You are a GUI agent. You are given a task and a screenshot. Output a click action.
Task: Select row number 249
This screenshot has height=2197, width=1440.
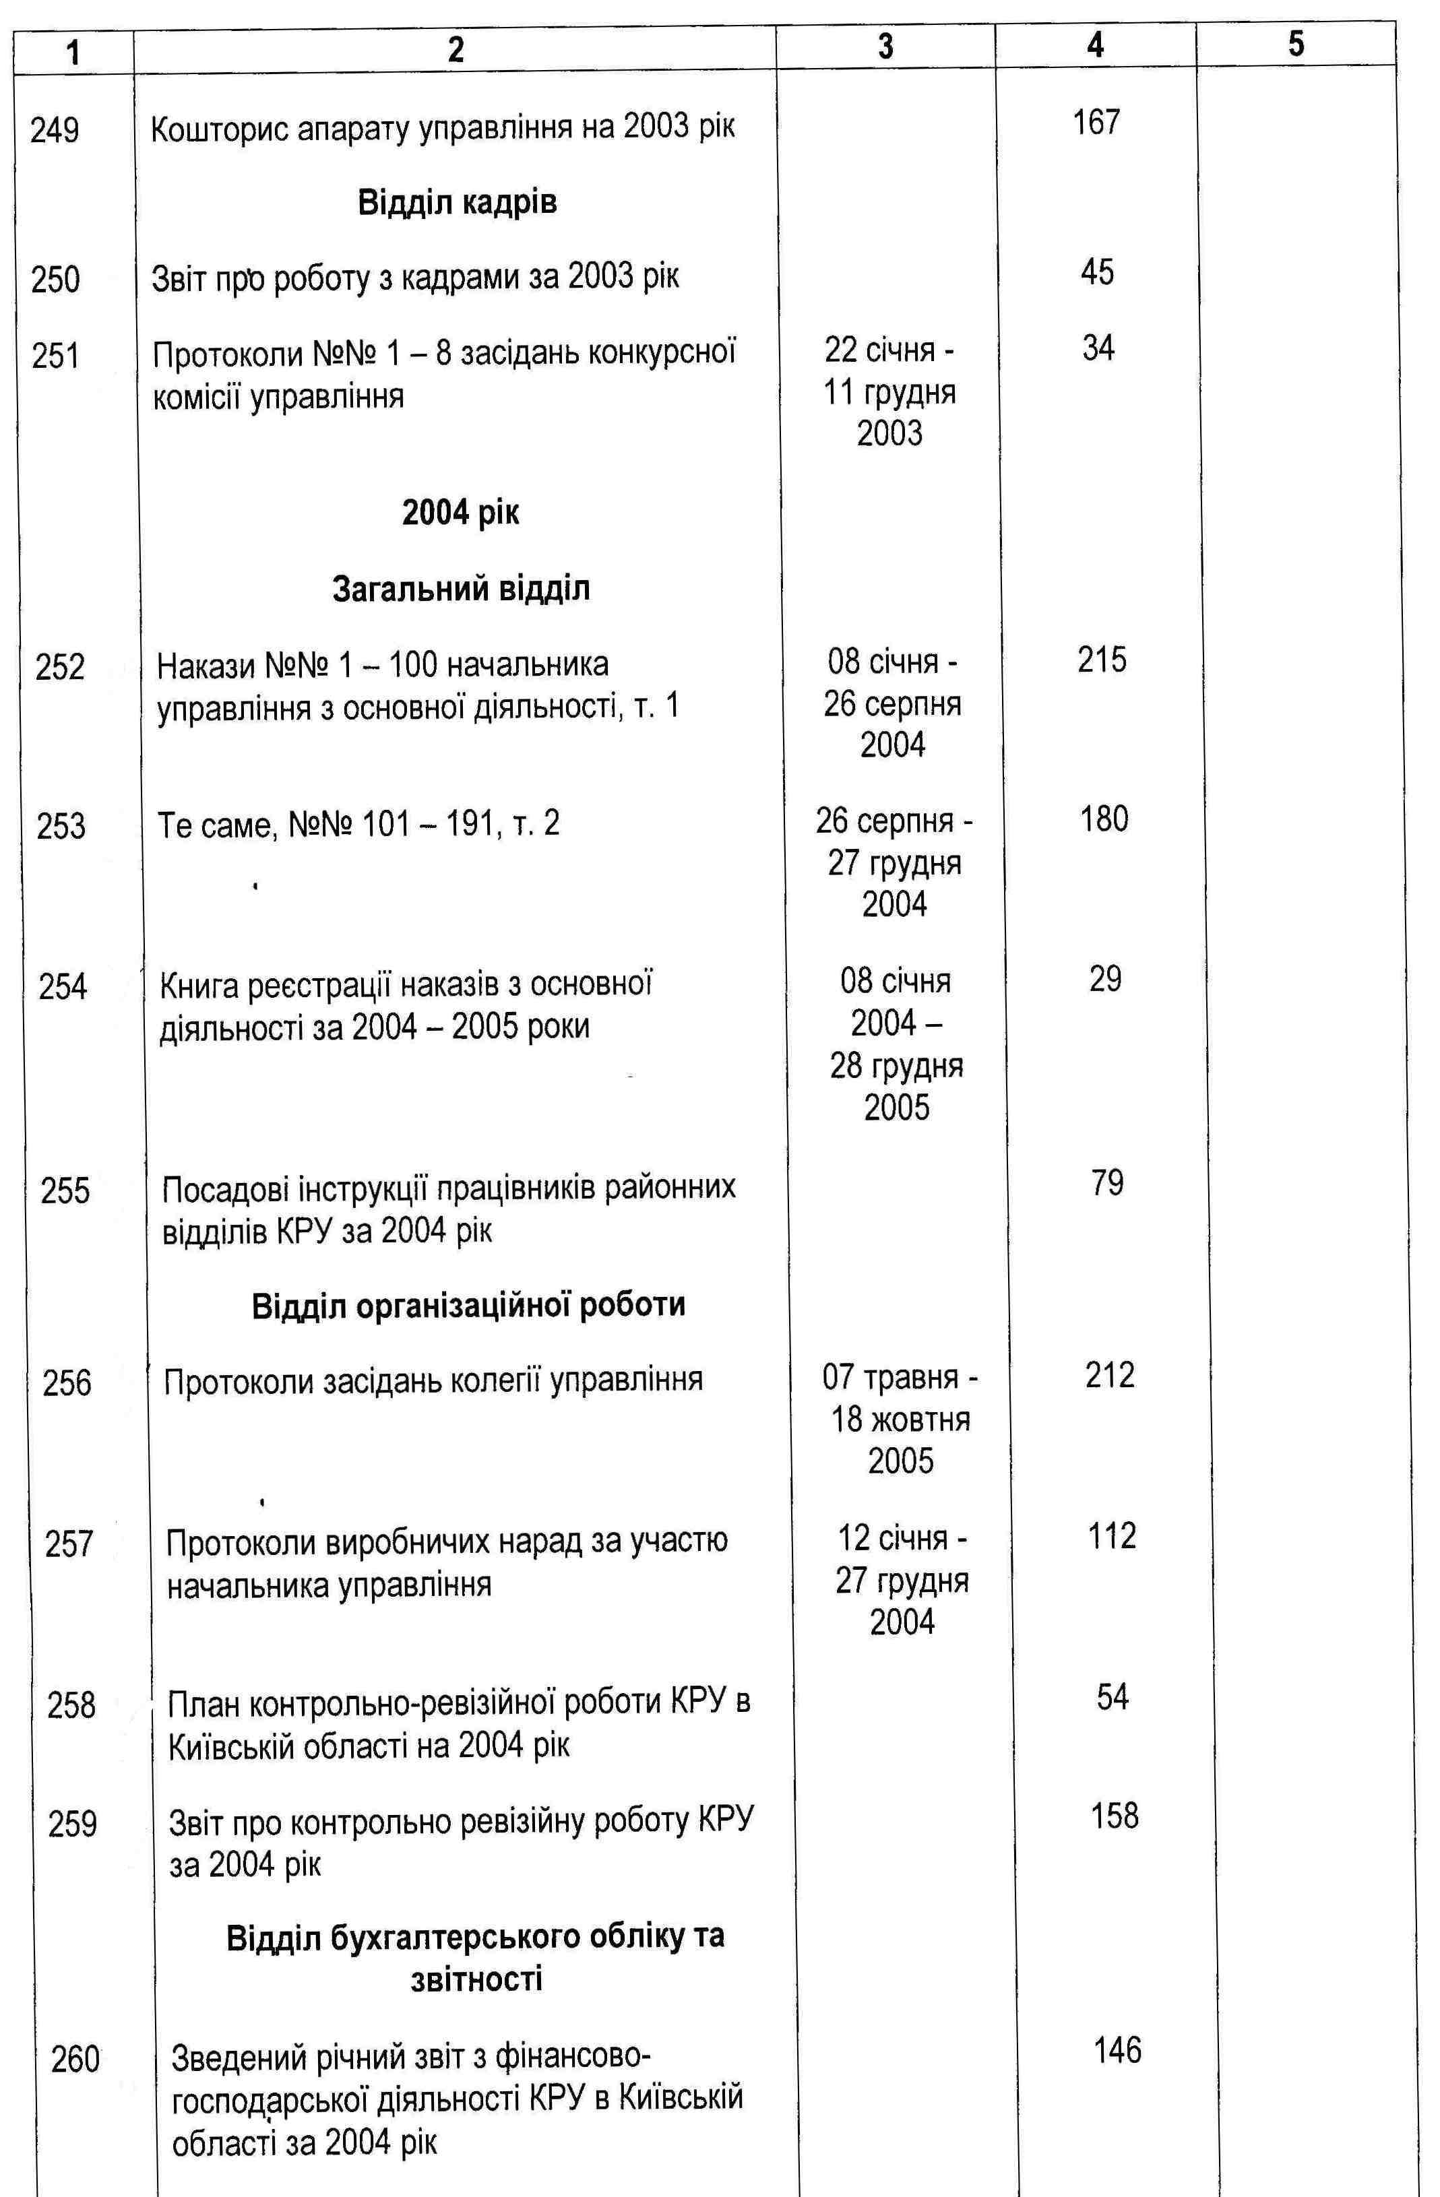pos(55,129)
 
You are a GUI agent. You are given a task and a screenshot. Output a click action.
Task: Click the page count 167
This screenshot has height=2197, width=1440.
pos(1096,122)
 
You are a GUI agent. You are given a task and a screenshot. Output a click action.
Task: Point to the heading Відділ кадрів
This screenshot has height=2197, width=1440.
pos(457,202)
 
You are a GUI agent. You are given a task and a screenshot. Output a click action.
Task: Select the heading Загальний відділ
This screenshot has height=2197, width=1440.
pos(461,588)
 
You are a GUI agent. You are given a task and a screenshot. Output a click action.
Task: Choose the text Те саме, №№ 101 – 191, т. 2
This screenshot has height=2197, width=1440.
pos(358,823)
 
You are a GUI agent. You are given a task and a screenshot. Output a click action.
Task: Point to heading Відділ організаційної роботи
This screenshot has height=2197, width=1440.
pos(468,1305)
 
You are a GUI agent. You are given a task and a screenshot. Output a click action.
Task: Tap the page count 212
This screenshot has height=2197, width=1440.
pos(1110,1376)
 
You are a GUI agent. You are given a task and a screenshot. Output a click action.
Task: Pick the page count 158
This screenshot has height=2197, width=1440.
pos(1113,1816)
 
